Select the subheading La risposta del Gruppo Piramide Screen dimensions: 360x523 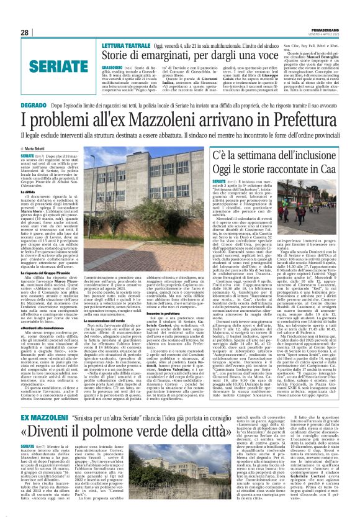47,255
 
